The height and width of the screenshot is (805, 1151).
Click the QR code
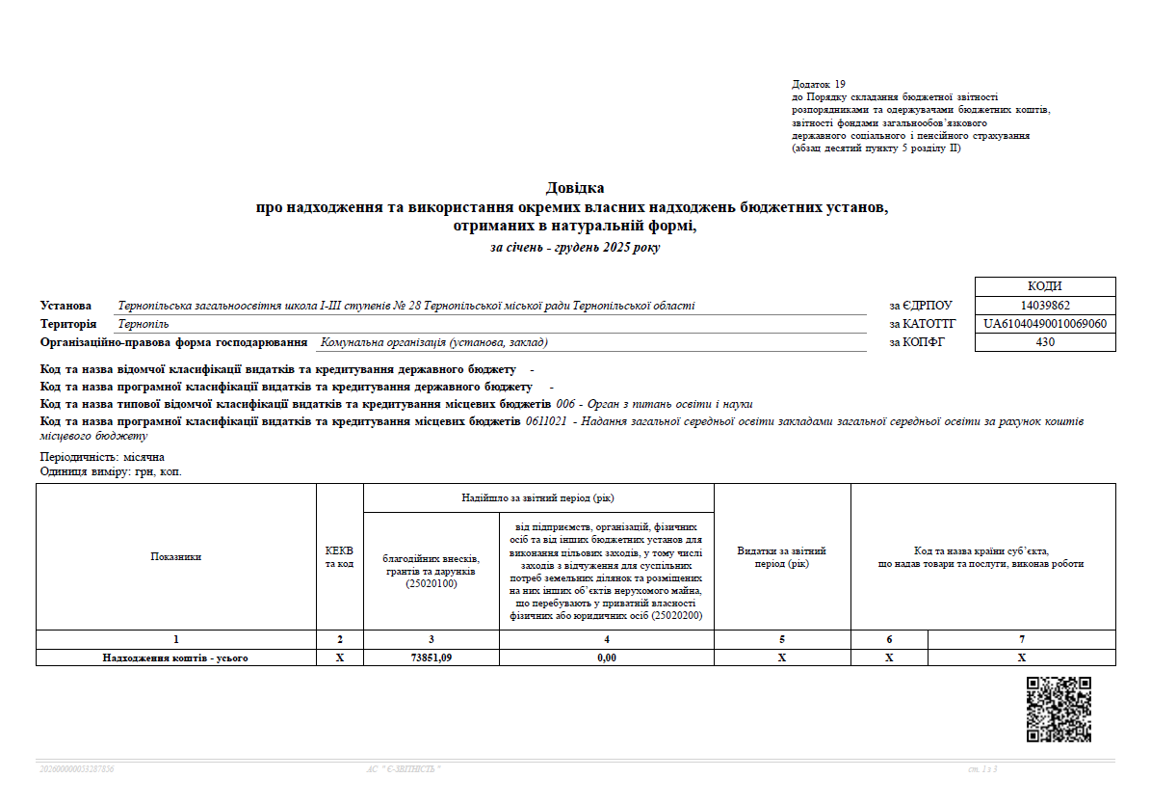(1059, 709)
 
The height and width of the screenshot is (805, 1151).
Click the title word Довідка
(575, 188)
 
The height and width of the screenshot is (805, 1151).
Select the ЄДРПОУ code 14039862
(1045, 306)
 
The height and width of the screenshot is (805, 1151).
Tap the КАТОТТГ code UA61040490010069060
(1045, 324)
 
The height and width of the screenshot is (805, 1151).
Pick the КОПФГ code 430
(1045, 342)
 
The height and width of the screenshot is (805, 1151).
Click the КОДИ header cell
(1045, 286)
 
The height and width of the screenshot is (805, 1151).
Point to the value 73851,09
(431, 657)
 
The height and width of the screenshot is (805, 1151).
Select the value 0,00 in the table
(606, 657)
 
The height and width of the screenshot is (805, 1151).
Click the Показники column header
(176, 556)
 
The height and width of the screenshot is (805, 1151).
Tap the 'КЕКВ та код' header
(340, 557)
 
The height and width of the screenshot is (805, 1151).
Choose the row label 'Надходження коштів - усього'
(176, 657)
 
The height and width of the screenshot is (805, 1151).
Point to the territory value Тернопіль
(144, 324)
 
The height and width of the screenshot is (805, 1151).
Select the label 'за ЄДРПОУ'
(920, 306)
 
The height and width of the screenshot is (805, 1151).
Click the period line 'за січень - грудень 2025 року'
(575, 248)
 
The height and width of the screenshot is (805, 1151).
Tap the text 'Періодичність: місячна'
(102, 457)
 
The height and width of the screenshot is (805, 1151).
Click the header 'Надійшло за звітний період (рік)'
(538, 497)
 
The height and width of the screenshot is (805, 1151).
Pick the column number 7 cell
(1021, 639)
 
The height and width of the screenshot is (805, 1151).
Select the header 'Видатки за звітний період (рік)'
(781, 557)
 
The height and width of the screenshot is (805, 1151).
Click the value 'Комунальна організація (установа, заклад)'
(434, 342)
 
